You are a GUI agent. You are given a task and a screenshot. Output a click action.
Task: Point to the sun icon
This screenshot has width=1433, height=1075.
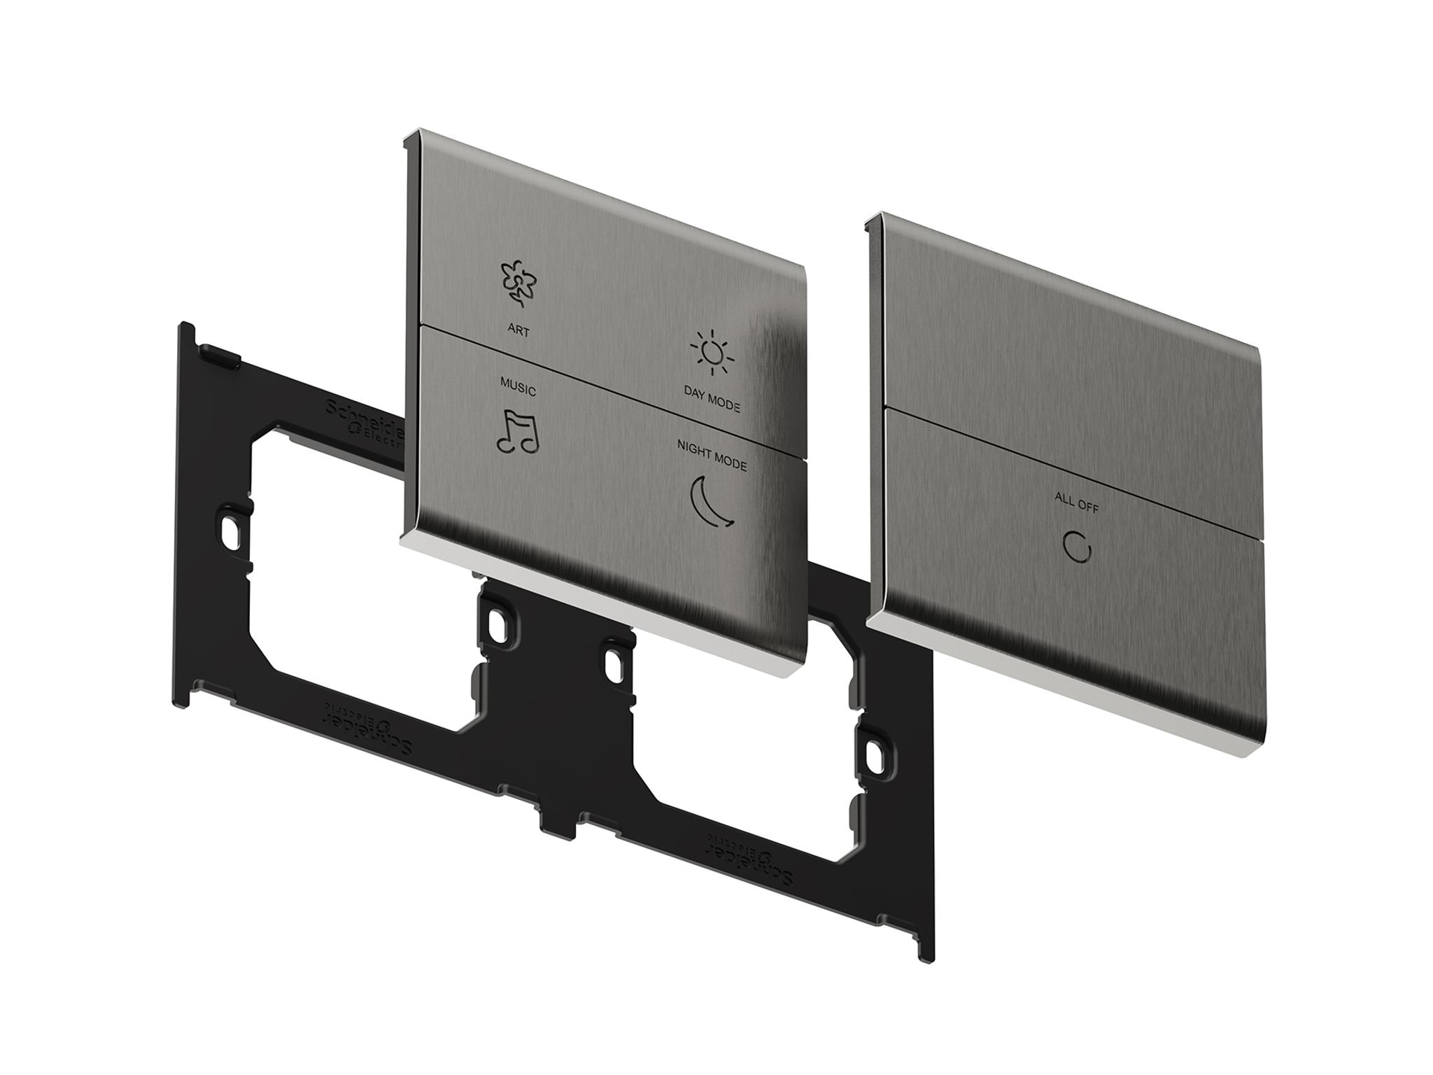pos(712,353)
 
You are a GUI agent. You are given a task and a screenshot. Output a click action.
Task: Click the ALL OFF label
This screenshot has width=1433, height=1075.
pos(1076,502)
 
